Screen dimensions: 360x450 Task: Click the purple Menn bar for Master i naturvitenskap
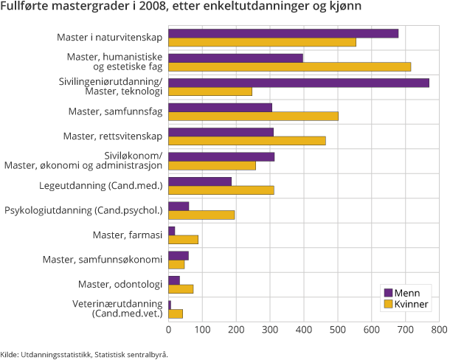pyautogui.click(x=283, y=33)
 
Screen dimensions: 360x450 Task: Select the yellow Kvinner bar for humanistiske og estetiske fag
pyautogui.click(x=289, y=67)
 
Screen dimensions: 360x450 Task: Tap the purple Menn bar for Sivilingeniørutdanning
pyautogui.click(x=299, y=83)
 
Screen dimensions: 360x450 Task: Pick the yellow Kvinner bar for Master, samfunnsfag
pyautogui.click(x=253, y=116)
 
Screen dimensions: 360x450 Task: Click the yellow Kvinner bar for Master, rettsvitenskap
pyautogui.click(x=247, y=141)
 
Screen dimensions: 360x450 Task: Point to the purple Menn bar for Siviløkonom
pyautogui.click(x=221, y=156)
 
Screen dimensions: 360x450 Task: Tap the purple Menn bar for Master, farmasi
pyautogui.click(x=172, y=231)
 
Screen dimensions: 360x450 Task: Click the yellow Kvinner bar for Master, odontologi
pyautogui.click(x=181, y=288)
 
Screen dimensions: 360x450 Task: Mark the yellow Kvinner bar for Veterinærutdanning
pyautogui.click(x=176, y=314)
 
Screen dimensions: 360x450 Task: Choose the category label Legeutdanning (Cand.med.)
pyautogui.click(x=100, y=185)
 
